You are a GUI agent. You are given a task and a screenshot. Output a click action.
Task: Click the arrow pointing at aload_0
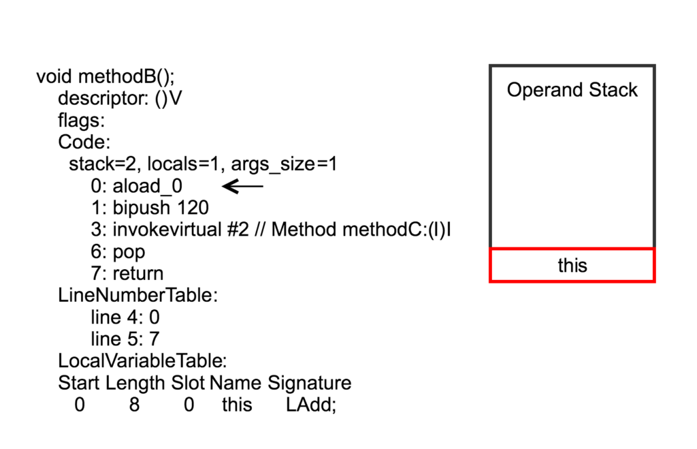[243, 186]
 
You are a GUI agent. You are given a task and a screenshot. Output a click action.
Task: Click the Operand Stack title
[572, 90]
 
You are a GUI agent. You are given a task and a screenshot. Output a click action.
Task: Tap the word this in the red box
[572, 265]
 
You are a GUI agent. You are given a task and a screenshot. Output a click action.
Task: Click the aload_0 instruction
[148, 186]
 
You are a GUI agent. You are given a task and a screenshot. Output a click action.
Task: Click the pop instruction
[129, 251]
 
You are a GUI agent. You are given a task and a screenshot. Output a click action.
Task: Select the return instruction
[138, 273]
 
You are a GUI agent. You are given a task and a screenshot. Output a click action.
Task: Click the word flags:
[82, 121]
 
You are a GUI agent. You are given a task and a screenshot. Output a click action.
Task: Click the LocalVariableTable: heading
[142, 360]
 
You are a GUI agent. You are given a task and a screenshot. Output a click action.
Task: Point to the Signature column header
[309, 382]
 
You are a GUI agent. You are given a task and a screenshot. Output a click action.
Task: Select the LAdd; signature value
[311, 405]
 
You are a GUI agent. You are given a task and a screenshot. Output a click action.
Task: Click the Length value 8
[134, 405]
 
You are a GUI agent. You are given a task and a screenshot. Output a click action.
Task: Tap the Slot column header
[187, 382]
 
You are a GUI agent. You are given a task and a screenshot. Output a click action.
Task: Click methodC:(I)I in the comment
[398, 230]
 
